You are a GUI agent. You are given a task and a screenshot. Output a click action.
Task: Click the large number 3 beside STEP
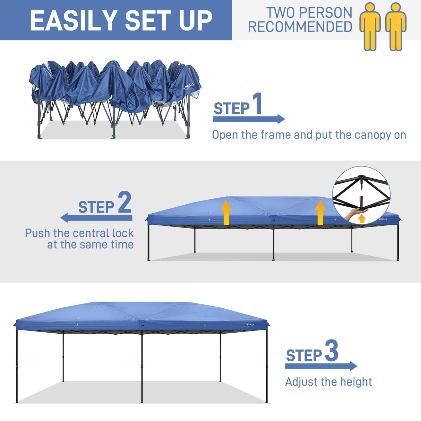click(x=332, y=351)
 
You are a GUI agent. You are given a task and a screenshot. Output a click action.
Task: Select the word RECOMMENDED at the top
click(x=300, y=27)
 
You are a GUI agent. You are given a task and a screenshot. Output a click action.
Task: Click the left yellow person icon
click(x=370, y=26)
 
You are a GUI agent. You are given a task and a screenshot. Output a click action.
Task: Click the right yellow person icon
click(x=396, y=26)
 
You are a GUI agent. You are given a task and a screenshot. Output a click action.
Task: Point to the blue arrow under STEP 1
click(x=249, y=119)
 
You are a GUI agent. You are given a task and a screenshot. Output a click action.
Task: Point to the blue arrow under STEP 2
click(x=96, y=218)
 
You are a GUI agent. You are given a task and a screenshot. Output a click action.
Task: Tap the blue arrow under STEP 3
click(x=321, y=366)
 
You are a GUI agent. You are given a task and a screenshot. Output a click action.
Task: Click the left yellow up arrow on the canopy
click(x=226, y=212)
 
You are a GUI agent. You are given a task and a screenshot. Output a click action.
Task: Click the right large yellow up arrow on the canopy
click(x=320, y=212)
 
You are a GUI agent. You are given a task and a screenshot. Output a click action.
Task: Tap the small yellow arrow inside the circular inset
click(x=362, y=218)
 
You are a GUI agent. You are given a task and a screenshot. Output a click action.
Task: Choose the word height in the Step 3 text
click(x=356, y=382)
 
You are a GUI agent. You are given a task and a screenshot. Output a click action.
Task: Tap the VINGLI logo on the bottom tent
click(x=251, y=325)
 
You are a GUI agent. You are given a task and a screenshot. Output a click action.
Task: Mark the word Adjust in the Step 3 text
click(x=301, y=382)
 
